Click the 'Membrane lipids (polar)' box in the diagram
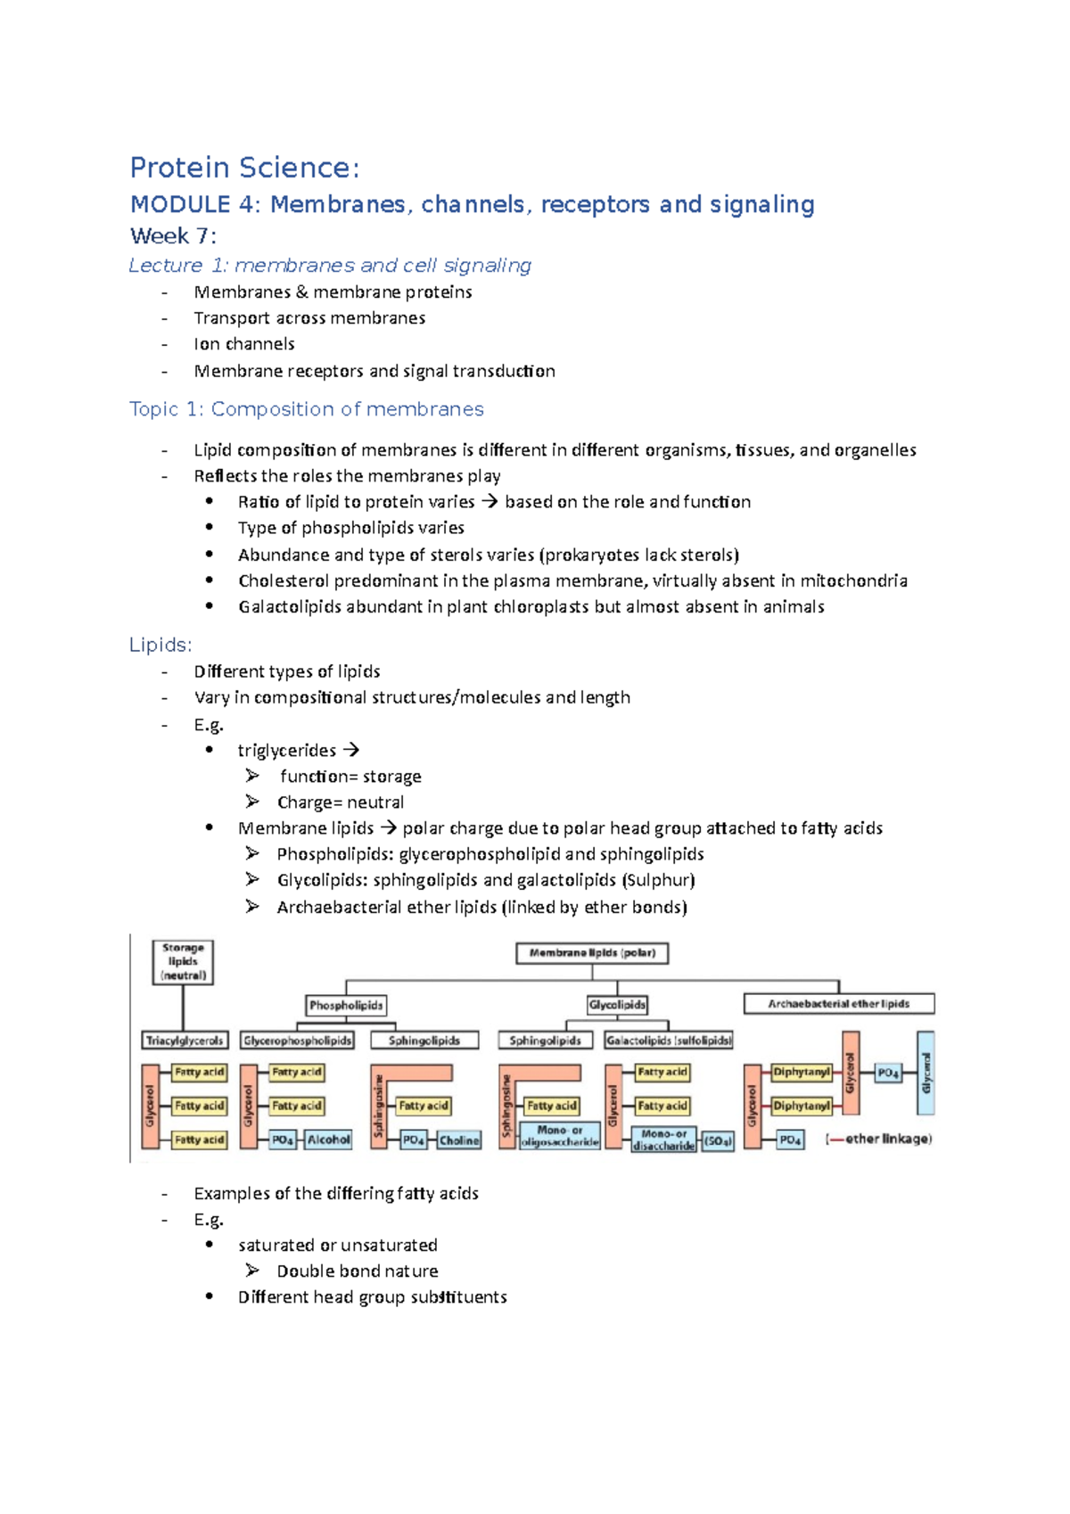[592, 953]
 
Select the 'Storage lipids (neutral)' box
[183, 962]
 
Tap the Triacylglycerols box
[185, 1041]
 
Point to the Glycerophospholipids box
[298, 1041]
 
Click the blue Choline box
[459, 1140]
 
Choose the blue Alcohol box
[329, 1140]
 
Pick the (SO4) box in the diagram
[718, 1140]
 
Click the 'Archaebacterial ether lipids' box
[839, 1004]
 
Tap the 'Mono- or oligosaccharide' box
[560, 1136]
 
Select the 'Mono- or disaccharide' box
[663, 1140]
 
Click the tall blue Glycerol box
[926, 1073]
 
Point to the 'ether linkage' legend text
[879, 1139]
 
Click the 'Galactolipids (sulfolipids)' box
[669, 1041]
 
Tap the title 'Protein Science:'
[244, 168]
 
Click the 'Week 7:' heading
[173, 236]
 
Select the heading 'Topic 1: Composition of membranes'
[306, 409]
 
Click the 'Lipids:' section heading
[160, 645]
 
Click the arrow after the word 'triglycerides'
[350, 751]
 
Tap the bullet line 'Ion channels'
[243, 344]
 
